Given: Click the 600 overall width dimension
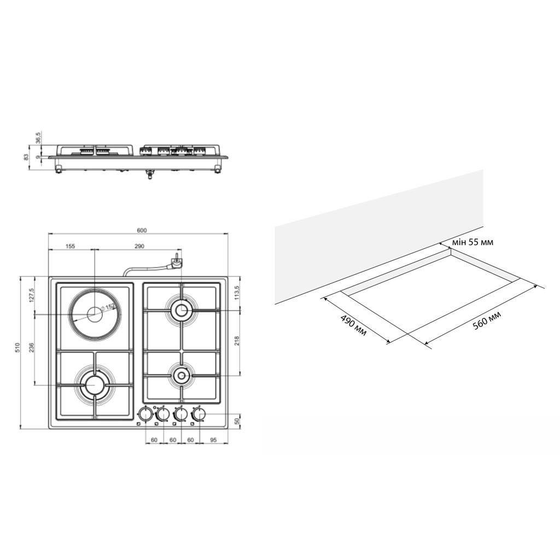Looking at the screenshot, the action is point(142,230).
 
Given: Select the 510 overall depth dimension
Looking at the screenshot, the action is point(17,347).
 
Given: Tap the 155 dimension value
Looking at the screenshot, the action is point(71,246).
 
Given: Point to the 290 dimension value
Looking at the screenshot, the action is point(139,246).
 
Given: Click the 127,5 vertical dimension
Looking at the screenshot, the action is point(31,295).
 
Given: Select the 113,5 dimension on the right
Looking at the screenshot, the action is point(237,293).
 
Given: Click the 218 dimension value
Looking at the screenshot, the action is point(237,341).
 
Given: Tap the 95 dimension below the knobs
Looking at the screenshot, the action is point(213,440).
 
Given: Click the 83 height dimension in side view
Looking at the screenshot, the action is point(26,157).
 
